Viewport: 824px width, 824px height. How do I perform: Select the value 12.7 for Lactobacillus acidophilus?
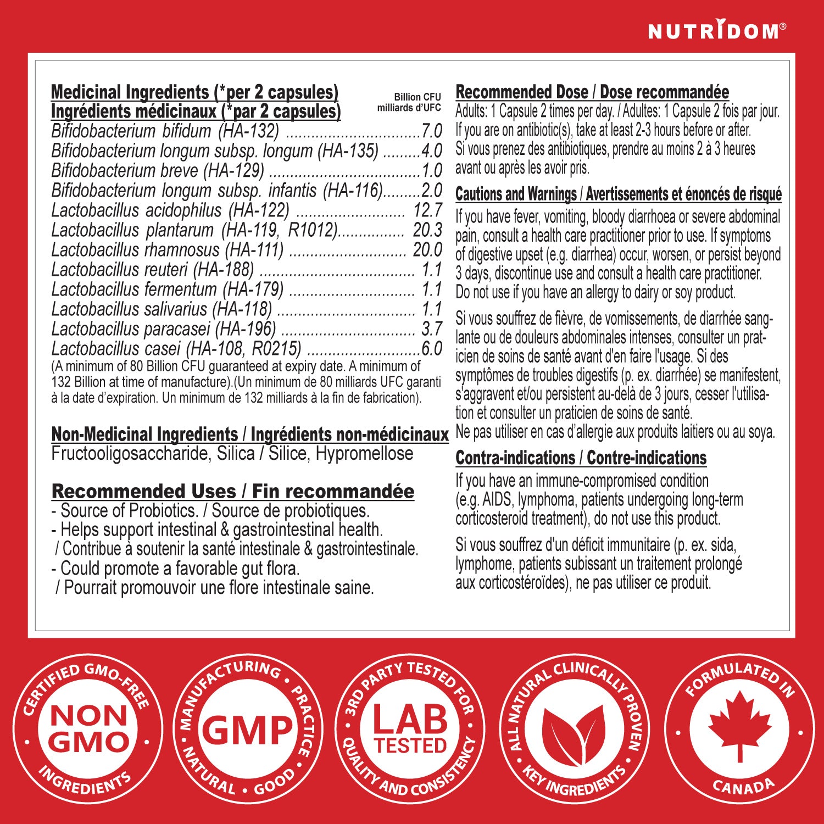427,210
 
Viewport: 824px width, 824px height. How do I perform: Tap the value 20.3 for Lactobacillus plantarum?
427,230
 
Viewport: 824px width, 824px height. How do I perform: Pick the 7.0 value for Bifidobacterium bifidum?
432,131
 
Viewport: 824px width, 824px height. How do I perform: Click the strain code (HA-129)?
233,170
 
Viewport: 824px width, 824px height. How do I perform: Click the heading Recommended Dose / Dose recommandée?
592,92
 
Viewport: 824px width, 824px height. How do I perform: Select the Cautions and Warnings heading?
618,194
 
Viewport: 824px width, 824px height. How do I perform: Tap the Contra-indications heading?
581,458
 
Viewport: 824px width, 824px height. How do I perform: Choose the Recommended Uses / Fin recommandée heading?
232,491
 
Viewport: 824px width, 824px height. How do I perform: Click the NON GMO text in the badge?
88,729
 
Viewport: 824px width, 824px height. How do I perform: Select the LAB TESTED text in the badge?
410,729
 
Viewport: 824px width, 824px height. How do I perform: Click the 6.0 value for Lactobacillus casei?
432,348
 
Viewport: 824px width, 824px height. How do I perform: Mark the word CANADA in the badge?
743,787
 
